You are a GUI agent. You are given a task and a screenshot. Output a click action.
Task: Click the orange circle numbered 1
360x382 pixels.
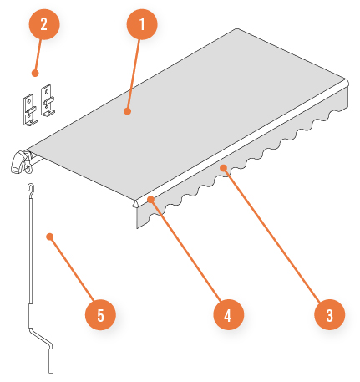click(x=142, y=24)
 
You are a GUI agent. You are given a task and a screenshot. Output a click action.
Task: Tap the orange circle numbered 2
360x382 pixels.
click(x=44, y=24)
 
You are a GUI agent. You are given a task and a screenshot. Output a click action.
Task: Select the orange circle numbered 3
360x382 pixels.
click(x=330, y=315)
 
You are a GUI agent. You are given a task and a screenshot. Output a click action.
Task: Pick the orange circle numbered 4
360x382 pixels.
click(x=229, y=315)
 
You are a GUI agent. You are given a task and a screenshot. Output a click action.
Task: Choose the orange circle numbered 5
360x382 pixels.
click(x=100, y=315)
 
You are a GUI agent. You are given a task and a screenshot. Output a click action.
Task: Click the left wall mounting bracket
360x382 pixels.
click(x=29, y=110)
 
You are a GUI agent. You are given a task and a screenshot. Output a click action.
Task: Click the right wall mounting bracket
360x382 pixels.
click(x=48, y=100)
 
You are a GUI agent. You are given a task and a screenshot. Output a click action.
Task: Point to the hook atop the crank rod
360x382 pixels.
click(x=31, y=188)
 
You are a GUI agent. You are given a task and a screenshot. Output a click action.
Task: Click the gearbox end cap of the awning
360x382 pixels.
click(x=18, y=162)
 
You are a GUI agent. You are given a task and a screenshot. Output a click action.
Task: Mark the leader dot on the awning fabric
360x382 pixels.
click(x=127, y=111)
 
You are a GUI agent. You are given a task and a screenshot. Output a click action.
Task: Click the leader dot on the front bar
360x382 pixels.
click(x=150, y=200)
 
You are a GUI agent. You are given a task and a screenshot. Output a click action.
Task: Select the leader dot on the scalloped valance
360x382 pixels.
click(x=223, y=168)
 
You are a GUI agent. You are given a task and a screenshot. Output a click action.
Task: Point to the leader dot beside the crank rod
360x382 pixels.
click(x=50, y=237)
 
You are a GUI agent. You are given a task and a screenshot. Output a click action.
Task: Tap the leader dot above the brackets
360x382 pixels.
click(x=35, y=74)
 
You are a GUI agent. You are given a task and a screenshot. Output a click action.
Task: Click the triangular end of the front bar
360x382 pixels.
click(x=135, y=204)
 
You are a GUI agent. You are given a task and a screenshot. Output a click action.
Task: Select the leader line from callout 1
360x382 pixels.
click(x=134, y=74)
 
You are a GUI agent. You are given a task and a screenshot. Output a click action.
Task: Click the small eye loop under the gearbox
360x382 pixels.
click(x=28, y=169)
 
